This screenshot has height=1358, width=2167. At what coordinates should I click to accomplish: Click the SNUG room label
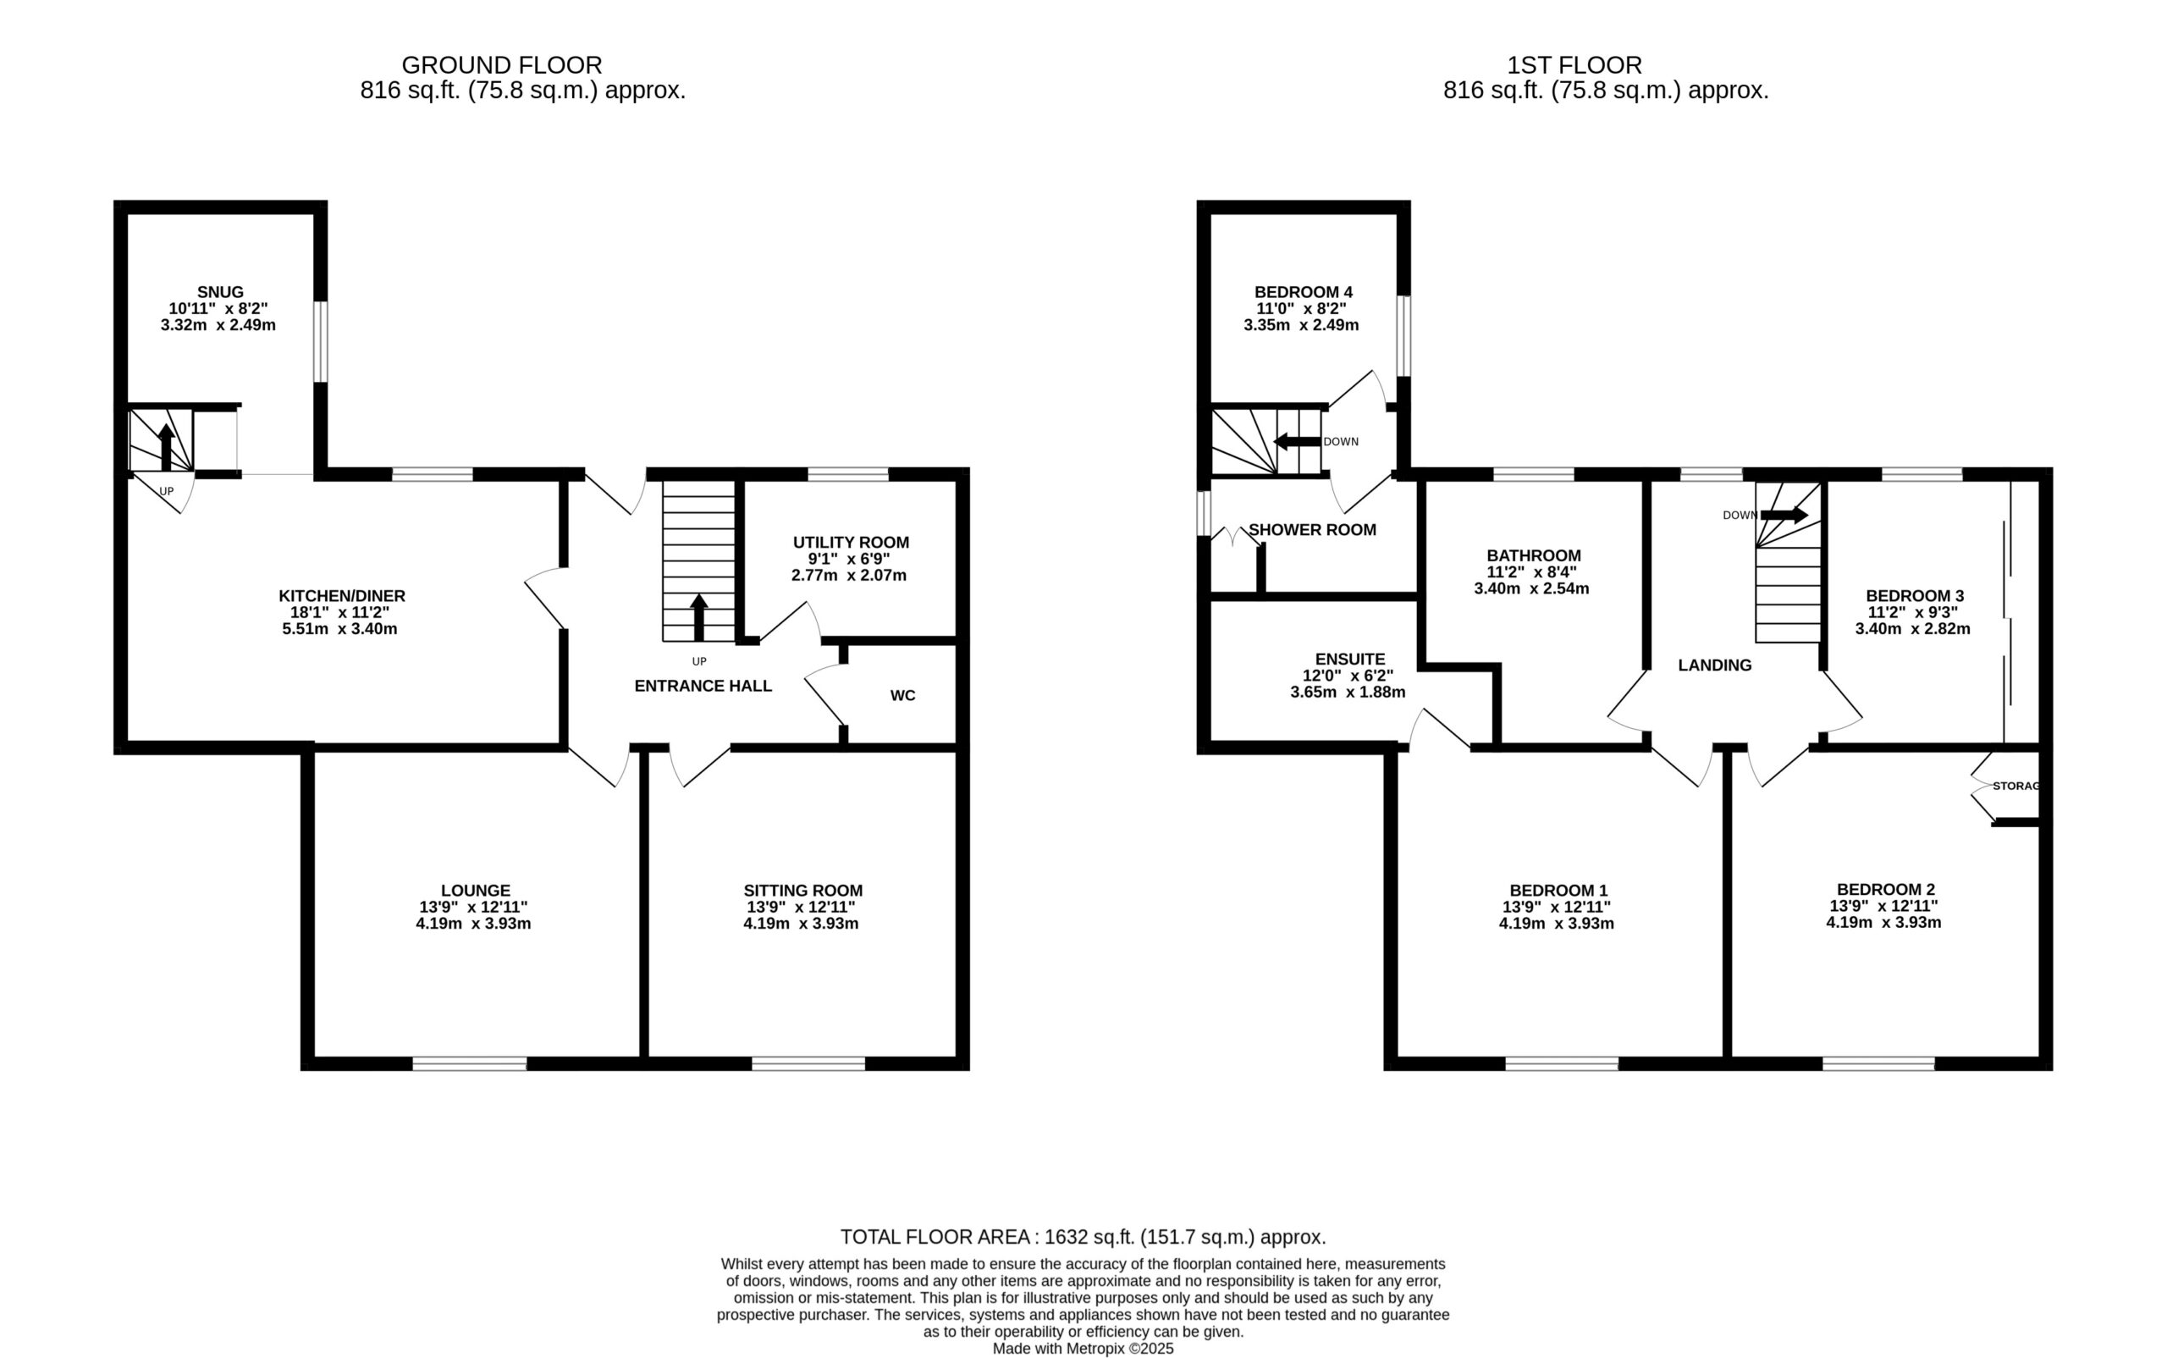(220, 292)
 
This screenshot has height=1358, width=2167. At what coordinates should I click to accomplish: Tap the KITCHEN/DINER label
(342, 595)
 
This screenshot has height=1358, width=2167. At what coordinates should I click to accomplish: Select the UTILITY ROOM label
(851, 543)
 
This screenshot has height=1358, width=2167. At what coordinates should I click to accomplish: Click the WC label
(902, 695)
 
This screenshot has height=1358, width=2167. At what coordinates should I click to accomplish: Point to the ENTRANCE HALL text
(703, 686)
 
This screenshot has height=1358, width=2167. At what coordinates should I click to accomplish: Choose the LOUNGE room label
(475, 891)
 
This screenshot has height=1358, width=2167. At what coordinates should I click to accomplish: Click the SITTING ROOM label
(802, 891)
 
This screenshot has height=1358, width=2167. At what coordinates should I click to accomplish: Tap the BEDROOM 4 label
(1303, 292)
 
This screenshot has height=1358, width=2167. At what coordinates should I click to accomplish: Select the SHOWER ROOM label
(1312, 530)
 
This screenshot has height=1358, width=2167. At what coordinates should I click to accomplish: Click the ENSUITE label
(1350, 660)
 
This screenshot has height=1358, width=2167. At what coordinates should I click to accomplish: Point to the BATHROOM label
(1534, 556)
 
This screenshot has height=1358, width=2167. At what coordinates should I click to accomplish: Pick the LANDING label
(1715, 665)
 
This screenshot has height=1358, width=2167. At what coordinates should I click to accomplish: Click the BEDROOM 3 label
(1915, 595)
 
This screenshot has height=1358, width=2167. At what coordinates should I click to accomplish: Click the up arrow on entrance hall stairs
(698, 617)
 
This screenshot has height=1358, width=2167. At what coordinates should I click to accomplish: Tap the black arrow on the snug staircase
(166, 446)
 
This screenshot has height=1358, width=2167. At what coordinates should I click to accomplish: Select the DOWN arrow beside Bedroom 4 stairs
(1298, 441)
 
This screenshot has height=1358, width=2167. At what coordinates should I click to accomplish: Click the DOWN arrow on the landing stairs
(1784, 516)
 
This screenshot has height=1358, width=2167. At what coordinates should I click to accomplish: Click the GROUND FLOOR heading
(502, 65)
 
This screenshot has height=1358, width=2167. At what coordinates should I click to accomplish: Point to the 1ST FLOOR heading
(1575, 65)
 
